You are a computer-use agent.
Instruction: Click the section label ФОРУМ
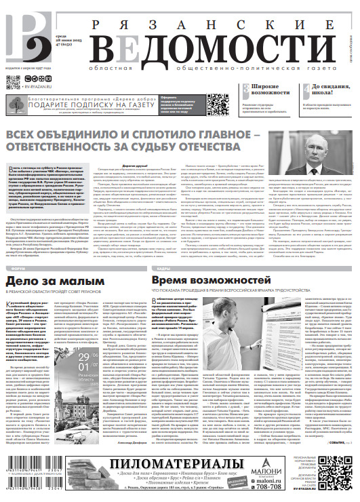click(x=14, y=269)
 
